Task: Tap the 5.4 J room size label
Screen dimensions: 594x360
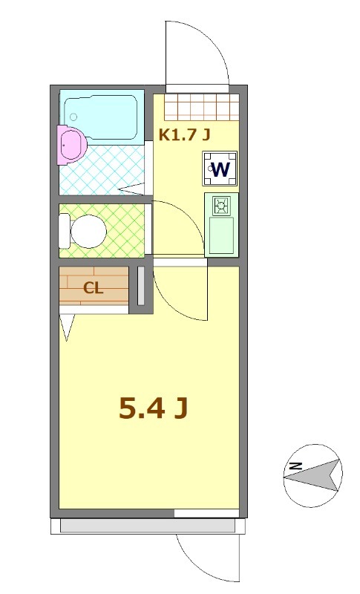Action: tap(152, 408)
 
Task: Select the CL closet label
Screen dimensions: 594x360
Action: tap(93, 289)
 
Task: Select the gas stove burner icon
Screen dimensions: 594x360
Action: tap(221, 205)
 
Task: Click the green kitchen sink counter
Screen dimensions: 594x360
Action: tap(220, 235)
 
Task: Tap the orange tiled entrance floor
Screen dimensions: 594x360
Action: tap(201, 108)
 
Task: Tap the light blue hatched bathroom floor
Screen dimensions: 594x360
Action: tap(104, 171)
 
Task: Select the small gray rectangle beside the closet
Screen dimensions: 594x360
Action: tap(140, 284)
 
